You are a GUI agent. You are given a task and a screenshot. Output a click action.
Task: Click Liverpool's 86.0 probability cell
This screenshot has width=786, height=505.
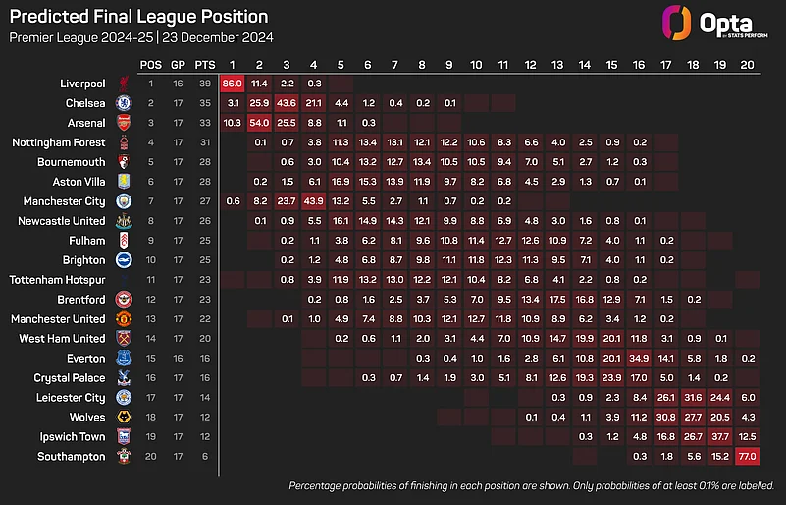(233, 84)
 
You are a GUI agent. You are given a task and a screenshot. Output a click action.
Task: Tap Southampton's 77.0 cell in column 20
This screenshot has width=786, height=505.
(747, 456)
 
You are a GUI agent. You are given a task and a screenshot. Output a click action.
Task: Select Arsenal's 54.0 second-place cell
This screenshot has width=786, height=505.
(260, 122)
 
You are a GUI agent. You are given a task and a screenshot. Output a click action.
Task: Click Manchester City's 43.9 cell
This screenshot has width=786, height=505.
(314, 200)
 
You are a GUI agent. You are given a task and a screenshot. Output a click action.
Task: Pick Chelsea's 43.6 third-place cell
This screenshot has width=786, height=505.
(287, 103)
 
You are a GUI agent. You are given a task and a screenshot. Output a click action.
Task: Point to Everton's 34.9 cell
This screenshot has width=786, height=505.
(639, 359)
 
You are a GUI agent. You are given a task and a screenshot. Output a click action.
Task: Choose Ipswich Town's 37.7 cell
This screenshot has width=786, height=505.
(720, 436)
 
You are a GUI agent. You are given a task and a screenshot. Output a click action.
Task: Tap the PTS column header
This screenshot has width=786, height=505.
(205, 64)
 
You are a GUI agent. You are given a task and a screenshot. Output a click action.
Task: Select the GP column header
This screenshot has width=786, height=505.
(178, 64)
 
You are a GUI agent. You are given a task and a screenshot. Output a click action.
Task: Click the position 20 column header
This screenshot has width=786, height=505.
(747, 64)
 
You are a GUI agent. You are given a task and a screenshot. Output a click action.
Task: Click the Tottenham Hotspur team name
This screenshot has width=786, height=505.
(58, 280)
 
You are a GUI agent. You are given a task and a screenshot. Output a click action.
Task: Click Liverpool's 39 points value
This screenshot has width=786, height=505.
(205, 84)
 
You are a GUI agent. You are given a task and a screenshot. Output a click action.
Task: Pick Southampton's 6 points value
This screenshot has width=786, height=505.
(205, 456)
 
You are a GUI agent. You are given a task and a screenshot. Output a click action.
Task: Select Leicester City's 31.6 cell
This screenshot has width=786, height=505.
(693, 397)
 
